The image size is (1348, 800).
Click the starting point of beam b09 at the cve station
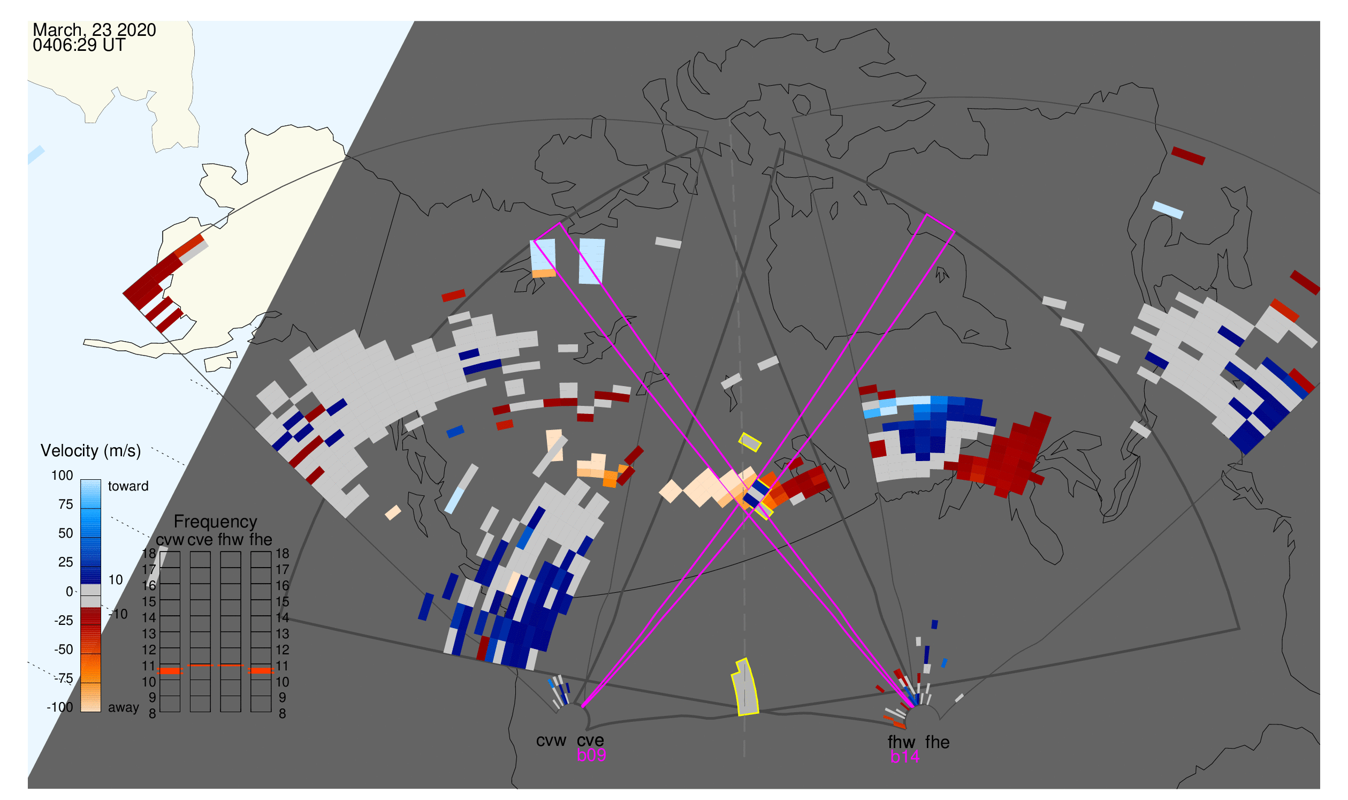click(583, 706)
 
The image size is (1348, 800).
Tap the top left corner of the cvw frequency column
click(160, 552)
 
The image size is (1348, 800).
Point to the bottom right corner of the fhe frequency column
click(271, 712)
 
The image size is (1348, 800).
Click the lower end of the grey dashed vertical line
click(744, 756)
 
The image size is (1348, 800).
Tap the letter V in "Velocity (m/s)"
click(46, 451)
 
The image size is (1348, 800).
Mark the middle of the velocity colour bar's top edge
click(90, 480)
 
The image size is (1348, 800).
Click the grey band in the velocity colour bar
click(90, 595)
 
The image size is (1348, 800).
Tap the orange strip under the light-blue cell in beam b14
click(544, 273)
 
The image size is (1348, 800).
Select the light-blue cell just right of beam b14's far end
click(591, 261)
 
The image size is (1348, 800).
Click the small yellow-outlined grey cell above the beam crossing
click(750, 442)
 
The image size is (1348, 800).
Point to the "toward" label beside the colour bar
click(128, 486)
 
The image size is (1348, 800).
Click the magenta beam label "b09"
click(591, 755)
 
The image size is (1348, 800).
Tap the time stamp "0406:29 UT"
click(79, 46)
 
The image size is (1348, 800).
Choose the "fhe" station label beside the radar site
click(938, 742)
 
